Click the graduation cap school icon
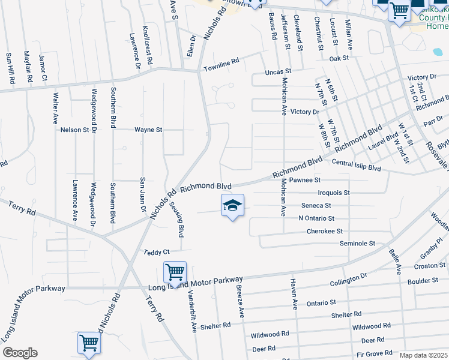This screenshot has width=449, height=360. pyautogui.click(x=233, y=206)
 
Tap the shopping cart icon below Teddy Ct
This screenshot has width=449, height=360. pyautogui.click(x=175, y=272)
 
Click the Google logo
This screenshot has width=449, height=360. pyautogui.click(x=20, y=353)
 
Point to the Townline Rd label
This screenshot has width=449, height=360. pyautogui.click(x=221, y=62)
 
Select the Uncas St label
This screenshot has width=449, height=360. pyautogui.click(x=278, y=72)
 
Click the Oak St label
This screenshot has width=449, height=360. pyautogui.click(x=339, y=58)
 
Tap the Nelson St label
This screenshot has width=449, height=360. pyautogui.click(x=74, y=130)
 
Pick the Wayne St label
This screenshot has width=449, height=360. pyautogui.click(x=148, y=130)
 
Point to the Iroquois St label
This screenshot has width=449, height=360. pyautogui.click(x=333, y=193)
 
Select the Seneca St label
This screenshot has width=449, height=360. pyautogui.click(x=316, y=206)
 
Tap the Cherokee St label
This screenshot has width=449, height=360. pyautogui.click(x=324, y=231)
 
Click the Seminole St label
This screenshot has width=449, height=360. pyautogui.click(x=357, y=244)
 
